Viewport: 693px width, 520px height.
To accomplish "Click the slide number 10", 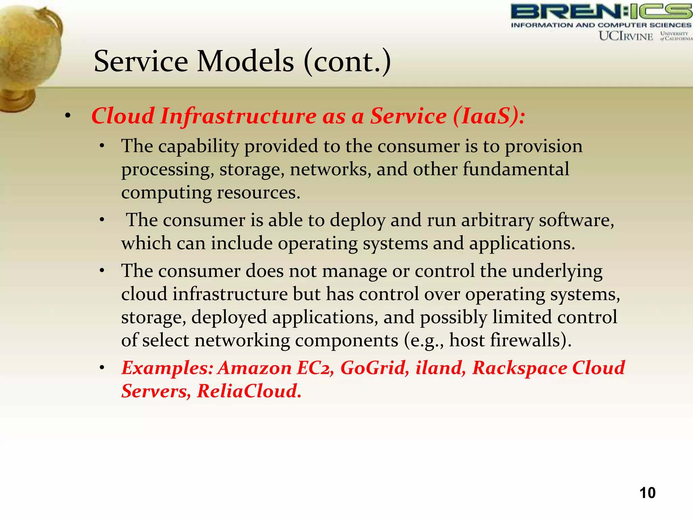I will click(x=647, y=493).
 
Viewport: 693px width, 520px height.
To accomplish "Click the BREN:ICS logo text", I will click(x=601, y=12).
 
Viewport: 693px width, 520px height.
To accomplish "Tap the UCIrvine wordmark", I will click(x=626, y=36).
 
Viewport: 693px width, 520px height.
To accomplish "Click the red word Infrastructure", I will click(x=238, y=116).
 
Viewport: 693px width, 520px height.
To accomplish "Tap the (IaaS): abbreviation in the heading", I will click(x=489, y=116).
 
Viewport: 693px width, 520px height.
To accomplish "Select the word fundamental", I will click(x=516, y=169).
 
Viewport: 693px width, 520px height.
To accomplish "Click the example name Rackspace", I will click(x=519, y=368).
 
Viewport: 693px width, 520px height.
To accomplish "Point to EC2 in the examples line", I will click(x=315, y=368).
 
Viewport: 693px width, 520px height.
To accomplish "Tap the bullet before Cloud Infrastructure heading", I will click(x=68, y=116).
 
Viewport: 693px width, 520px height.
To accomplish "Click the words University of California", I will click(x=675, y=36).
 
